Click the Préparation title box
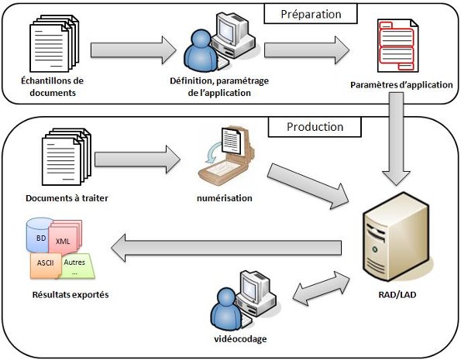[x=311, y=14]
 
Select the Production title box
[x=315, y=127]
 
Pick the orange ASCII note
[x=46, y=265]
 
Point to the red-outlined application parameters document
[x=397, y=46]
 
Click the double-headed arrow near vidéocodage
[x=321, y=289]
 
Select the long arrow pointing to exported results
[x=226, y=248]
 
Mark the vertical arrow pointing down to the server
[x=396, y=139]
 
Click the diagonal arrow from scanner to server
[x=308, y=186]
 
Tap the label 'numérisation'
[x=225, y=198]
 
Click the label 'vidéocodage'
[x=240, y=339]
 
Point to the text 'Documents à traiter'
[x=67, y=198]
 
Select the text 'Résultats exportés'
[x=71, y=294]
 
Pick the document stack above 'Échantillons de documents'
[x=54, y=43]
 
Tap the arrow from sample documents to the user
[x=133, y=50]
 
